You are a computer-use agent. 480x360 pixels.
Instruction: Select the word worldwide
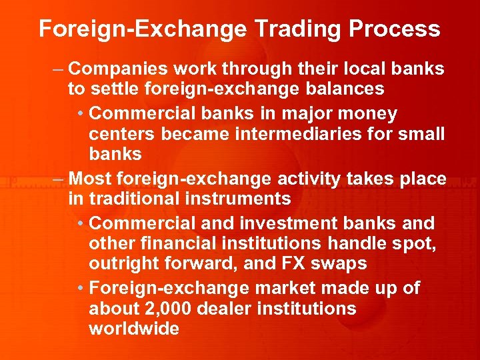133,328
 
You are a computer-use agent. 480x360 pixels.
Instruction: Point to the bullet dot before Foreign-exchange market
81,289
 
